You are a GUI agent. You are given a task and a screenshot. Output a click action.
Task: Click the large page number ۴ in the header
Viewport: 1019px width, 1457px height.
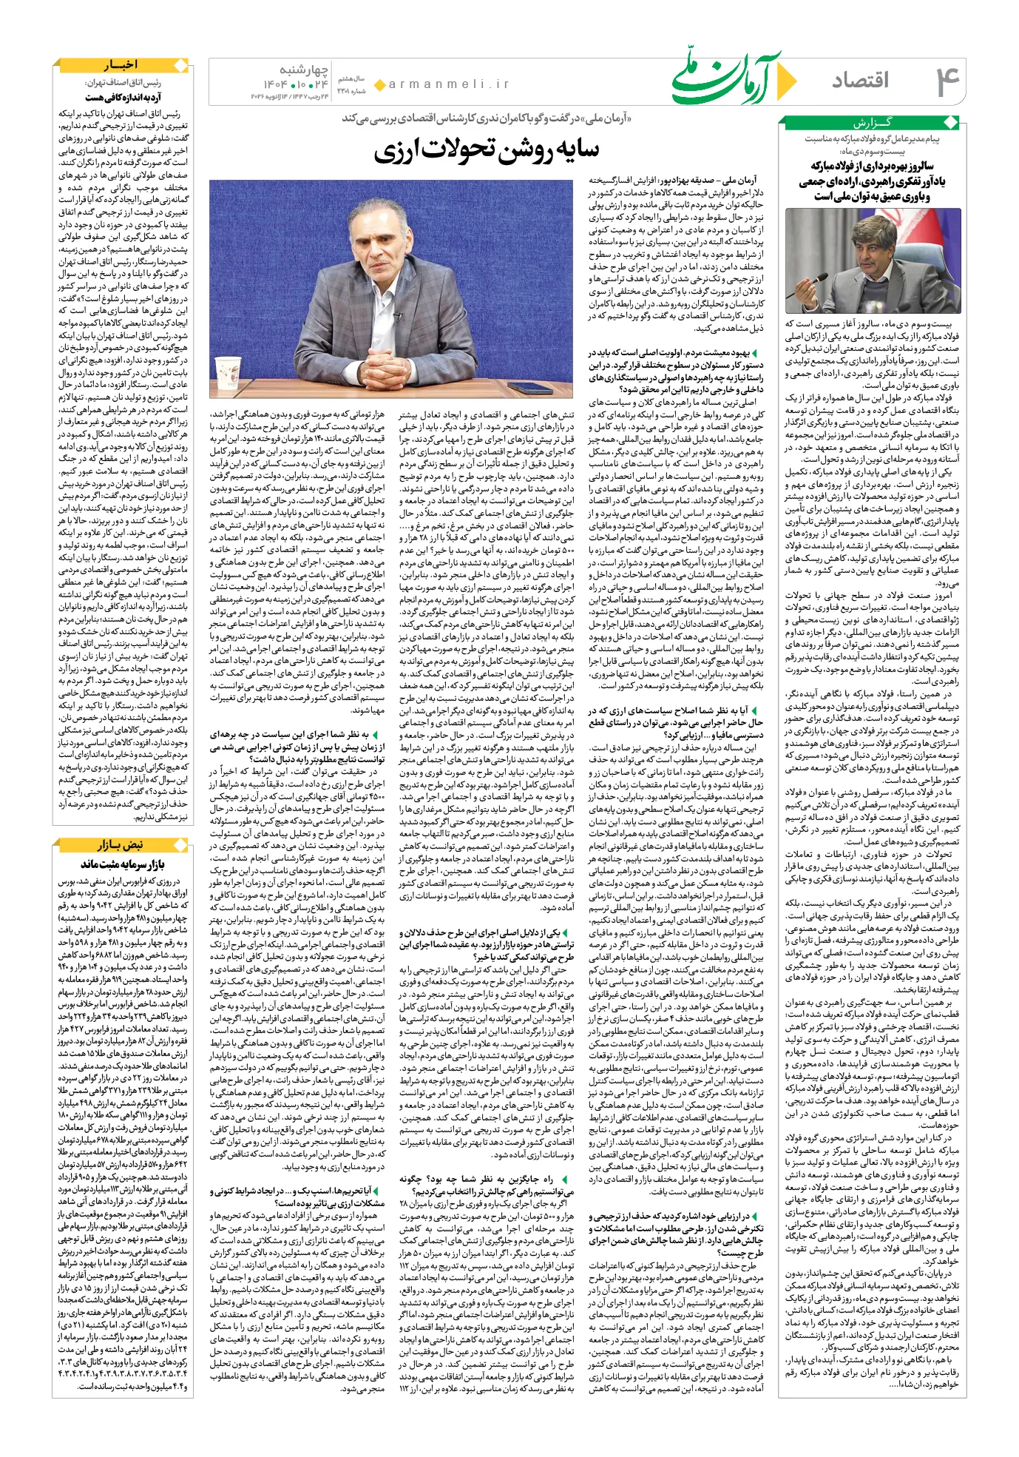point(947,81)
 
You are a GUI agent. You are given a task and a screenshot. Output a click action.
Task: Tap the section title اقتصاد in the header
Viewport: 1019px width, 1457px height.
point(861,81)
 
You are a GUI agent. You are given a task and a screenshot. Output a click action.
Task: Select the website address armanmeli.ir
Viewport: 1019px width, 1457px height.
point(450,84)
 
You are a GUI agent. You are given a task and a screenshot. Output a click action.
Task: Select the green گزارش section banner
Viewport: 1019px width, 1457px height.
point(872,123)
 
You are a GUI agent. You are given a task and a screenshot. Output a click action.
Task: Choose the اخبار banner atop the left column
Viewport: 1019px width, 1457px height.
point(122,65)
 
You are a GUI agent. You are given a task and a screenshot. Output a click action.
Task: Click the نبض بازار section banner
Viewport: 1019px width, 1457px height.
point(122,845)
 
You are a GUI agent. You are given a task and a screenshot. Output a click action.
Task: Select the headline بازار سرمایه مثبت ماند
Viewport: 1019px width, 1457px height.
point(122,864)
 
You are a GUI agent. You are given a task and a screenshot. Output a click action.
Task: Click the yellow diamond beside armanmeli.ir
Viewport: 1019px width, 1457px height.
point(380,85)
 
